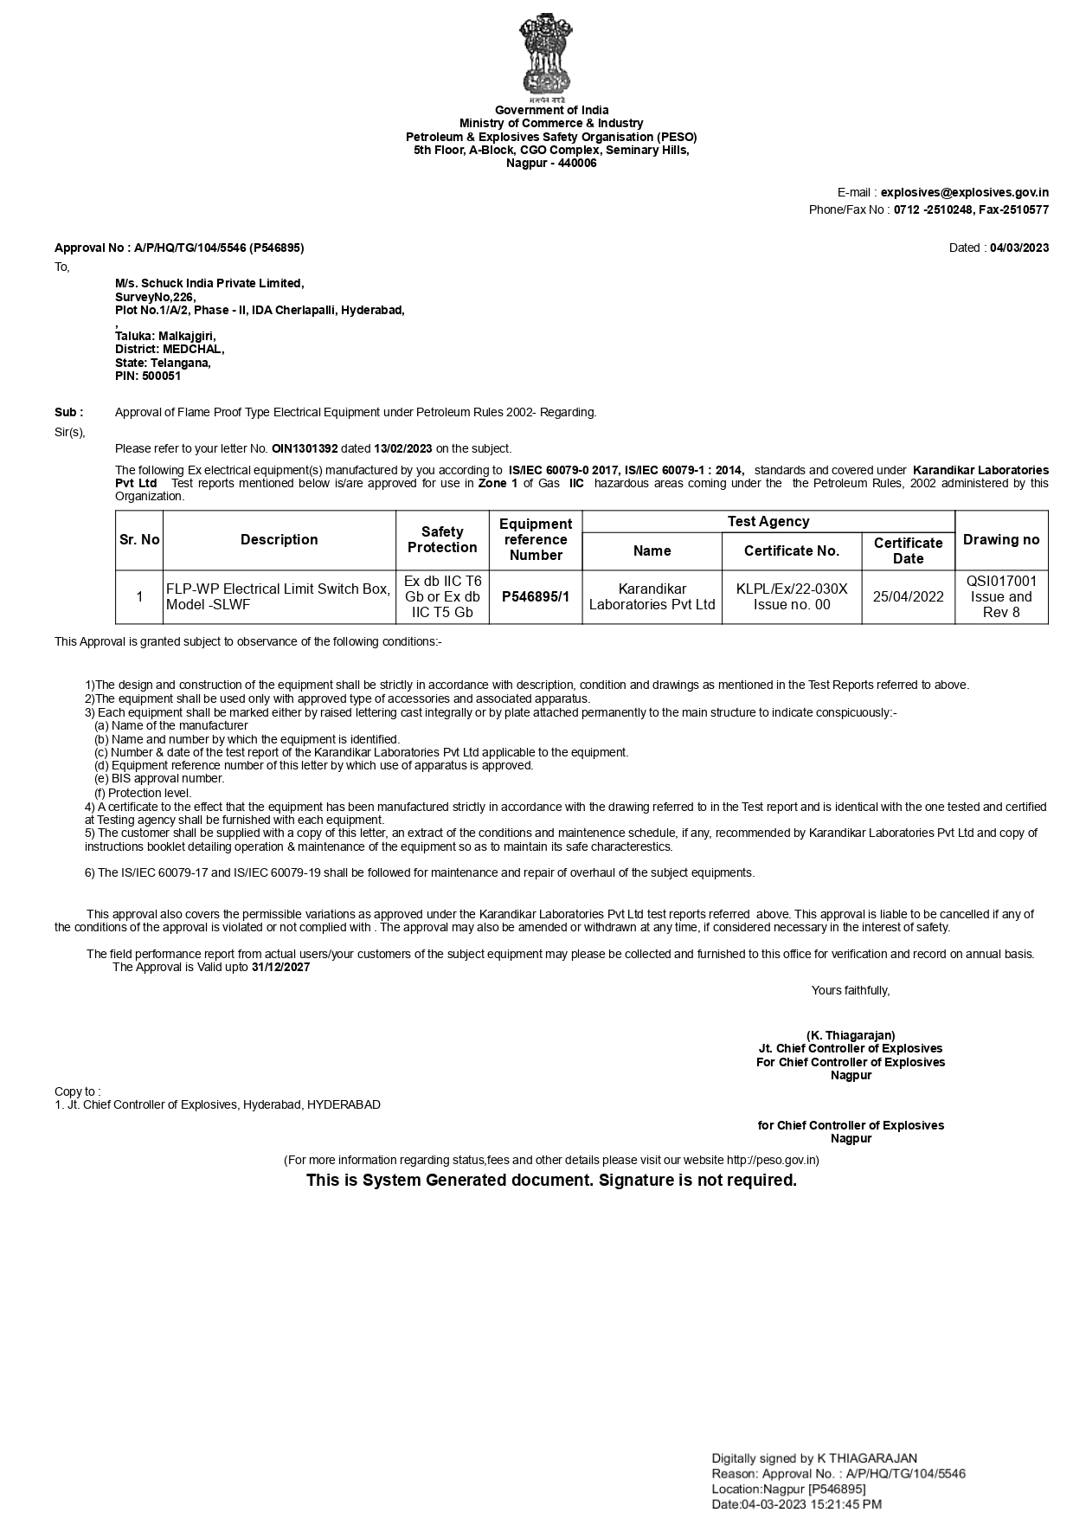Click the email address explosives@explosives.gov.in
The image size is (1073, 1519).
coord(964,193)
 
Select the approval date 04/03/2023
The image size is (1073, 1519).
coord(1019,248)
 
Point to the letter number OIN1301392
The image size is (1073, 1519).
coord(305,448)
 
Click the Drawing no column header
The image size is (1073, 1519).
coord(1001,540)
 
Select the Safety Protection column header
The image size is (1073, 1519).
coord(442,540)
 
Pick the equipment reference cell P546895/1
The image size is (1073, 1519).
coord(536,596)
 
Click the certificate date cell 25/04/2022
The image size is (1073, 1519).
coord(908,596)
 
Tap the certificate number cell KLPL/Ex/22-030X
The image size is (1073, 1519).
coord(792,589)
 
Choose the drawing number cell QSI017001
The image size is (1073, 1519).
coord(1001,582)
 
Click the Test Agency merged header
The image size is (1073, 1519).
coord(768,522)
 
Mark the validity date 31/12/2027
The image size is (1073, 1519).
coord(280,968)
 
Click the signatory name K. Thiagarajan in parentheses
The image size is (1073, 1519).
coord(851,1035)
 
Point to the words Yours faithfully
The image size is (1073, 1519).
coord(851,990)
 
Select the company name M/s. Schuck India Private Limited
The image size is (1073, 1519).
coord(209,283)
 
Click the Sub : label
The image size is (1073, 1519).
coord(69,413)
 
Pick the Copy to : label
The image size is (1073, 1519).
coord(77,1091)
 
